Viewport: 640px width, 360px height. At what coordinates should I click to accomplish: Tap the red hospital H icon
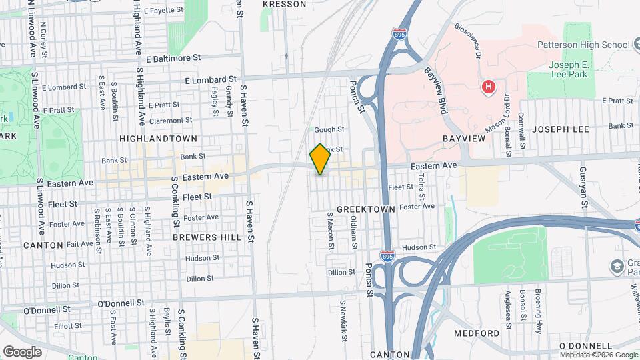[x=489, y=87]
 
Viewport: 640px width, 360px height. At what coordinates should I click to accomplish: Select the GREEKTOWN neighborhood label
[x=366, y=209]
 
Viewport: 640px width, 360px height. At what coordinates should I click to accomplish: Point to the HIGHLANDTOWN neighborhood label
[x=158, y=139]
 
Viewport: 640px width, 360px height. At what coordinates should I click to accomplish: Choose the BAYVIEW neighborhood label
[x=462, y=139]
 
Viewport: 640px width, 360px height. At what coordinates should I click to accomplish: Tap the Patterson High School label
[x=583, y=45]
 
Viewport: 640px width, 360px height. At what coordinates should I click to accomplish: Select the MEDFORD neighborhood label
[x=477, y=333]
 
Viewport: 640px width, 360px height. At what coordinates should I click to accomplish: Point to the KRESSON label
[x=285, y=4]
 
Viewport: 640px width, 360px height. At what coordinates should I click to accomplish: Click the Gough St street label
[x=329, y=129]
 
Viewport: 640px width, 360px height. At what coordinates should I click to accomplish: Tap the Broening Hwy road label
[x=537, y=311]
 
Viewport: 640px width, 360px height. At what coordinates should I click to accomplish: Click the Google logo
[x=22, y=351]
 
